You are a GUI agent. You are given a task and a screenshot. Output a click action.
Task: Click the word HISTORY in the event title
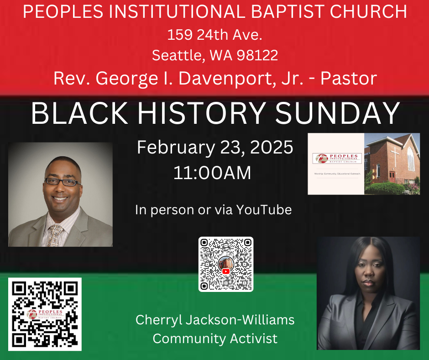click(x=199, y=113)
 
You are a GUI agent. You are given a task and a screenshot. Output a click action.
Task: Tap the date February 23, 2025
click(x=214, y=148)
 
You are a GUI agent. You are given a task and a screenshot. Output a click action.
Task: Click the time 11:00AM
click(x=212, y=173)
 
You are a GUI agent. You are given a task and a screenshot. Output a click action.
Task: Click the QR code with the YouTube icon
click(x=226, y=264)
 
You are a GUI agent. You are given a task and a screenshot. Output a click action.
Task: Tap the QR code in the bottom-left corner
click(x=45, y=314)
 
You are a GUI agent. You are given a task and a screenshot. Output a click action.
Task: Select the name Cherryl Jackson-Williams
click(x=215, y=320)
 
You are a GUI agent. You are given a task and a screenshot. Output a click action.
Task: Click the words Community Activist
click(x=215, y=339)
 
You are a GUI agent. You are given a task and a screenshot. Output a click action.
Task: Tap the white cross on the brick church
click(x=395, y=158)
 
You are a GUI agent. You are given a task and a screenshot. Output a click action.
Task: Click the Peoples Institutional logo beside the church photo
click(x=337, y=159)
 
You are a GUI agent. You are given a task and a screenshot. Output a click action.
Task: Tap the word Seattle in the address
click(x=178, y=55)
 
